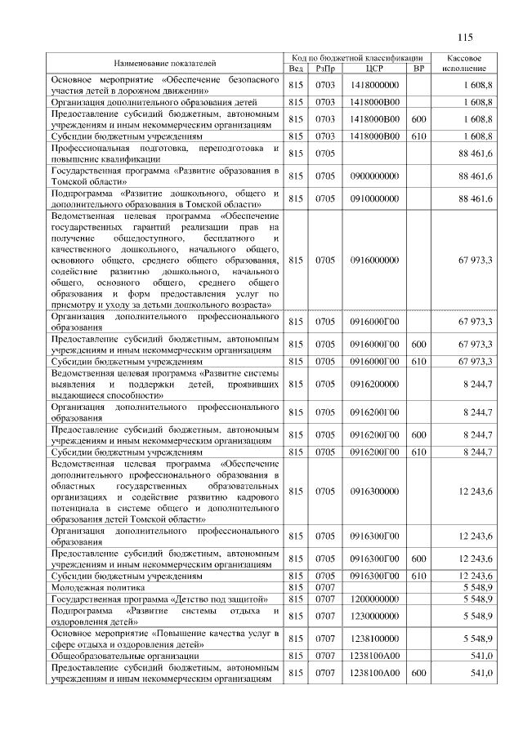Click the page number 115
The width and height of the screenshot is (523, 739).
(466, 36)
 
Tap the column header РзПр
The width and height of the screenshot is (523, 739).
(325, 69)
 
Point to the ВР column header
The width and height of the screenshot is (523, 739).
(419, 69)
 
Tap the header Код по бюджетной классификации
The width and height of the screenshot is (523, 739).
(357, 58)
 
